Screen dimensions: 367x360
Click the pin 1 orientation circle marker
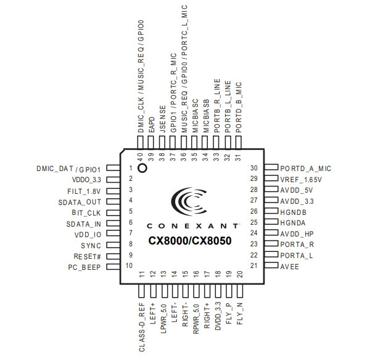[x=142, y=169]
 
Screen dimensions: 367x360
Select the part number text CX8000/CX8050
[x=190, y=241]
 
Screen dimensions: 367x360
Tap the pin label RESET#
[x=87, y=256]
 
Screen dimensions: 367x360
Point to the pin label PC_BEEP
[x=85, y=267]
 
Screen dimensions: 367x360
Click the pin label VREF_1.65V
[x=301, y=180]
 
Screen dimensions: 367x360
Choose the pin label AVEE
[x=289, y=267]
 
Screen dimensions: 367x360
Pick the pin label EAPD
[x=152, y=125]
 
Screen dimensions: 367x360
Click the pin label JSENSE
[x=162, y=119]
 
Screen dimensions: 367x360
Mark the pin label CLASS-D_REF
[x=142, y=327]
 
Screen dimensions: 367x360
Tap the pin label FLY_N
[x=240, y=314]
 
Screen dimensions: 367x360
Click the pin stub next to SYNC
[x=113, y=245]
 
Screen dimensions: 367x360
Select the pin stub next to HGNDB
[x=271, y=211]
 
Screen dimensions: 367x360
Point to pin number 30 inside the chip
[x=254, y=168]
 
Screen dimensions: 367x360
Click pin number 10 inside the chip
[x=129, y=266]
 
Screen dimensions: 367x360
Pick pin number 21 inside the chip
[x=254, y=266]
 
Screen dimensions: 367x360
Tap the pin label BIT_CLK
[x=86, y=213]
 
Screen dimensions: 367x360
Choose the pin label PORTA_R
[x=297, y=245]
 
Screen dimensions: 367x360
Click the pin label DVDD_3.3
[x=218, y=316]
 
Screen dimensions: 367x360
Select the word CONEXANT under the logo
[x=192, y=226]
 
